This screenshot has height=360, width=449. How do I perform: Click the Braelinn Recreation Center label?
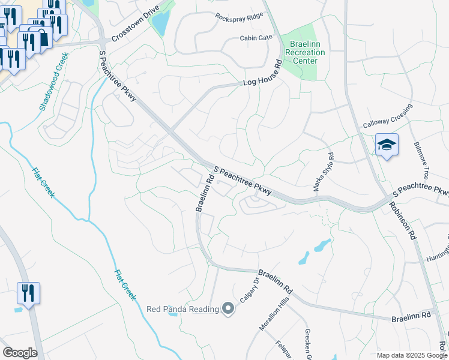click(307, 52)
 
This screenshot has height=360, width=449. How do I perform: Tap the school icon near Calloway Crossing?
click(387, 145)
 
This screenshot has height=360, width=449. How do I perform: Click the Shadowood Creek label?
click(53, 82)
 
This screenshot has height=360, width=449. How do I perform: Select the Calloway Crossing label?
click(388, 116)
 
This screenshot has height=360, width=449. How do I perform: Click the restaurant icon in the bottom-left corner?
click(28, 293)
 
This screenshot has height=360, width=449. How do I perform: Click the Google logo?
click(20, 353)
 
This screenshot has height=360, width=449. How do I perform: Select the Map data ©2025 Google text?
click(411, 355)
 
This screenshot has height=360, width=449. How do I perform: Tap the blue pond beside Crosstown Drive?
click(161, 23)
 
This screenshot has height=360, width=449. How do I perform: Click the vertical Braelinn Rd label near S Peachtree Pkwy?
click(205, 193)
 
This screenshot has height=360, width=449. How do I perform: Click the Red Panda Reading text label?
click(182, 309)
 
